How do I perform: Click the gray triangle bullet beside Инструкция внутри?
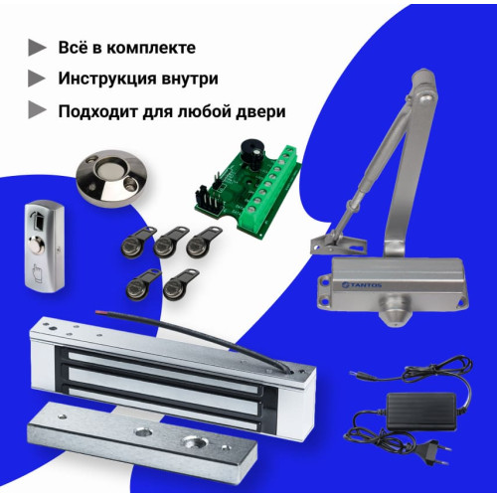tap(37, 79)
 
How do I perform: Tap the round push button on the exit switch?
tap(37, 246)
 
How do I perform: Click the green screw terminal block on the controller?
tap(270, 190)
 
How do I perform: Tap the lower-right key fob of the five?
tap(180, 283)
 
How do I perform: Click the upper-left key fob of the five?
tap(138, 242)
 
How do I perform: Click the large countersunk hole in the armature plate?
tap(192, 442)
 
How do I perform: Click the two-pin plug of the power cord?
tap(433, 450)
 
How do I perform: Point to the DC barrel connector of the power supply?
tap(361, 375)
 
